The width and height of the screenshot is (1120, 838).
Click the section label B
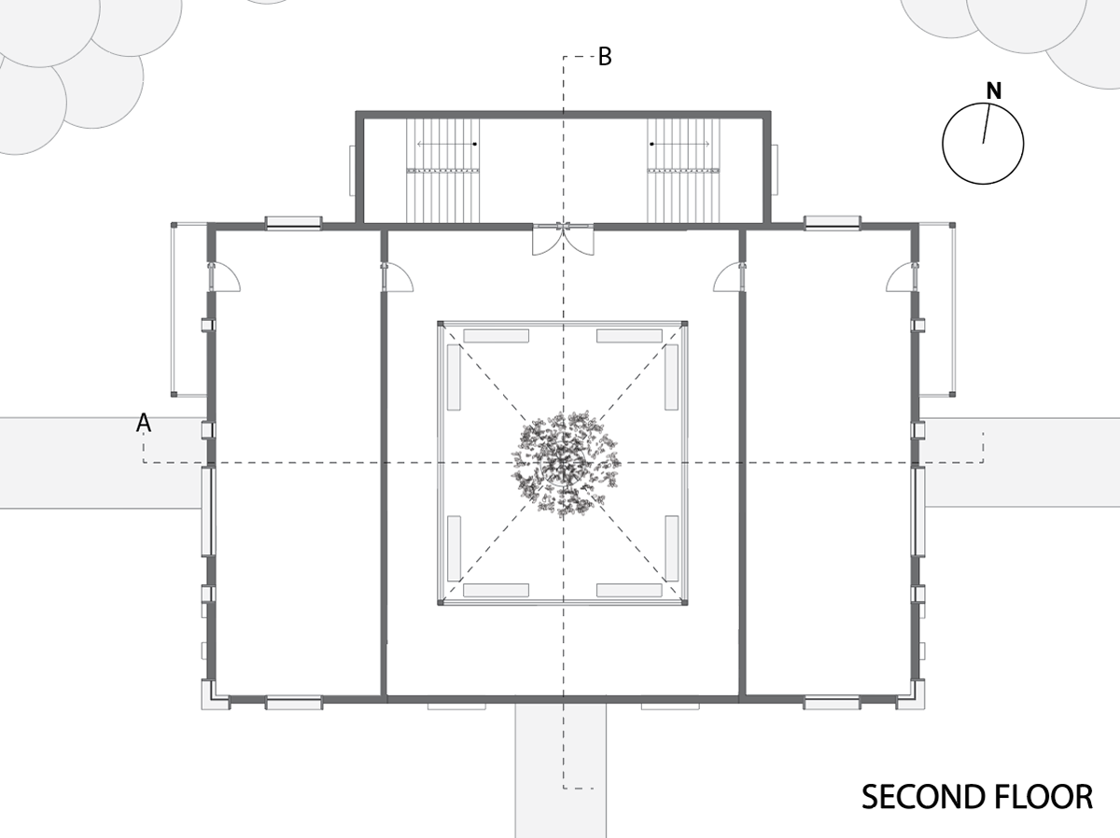click(x=605, y=57)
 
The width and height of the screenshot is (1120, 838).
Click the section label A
click(x=144, y=423)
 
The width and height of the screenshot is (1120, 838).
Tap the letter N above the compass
click(x=993, y=91)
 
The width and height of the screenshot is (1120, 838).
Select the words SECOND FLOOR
click(x=977, y=797)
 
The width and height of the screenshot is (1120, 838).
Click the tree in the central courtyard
click(x=565, y=464)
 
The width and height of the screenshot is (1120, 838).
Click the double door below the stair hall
click(x=563, y=240)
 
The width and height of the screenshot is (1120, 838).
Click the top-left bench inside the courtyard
click(x=496, y=336)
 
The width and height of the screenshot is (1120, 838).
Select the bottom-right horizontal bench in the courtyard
click(x=629, y=590)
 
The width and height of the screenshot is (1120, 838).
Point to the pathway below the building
click(x=560, y=770)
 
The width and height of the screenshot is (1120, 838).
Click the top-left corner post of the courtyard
click(x=441, y=324)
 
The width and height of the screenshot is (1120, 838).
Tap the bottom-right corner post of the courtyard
click(x=685, y=602)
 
